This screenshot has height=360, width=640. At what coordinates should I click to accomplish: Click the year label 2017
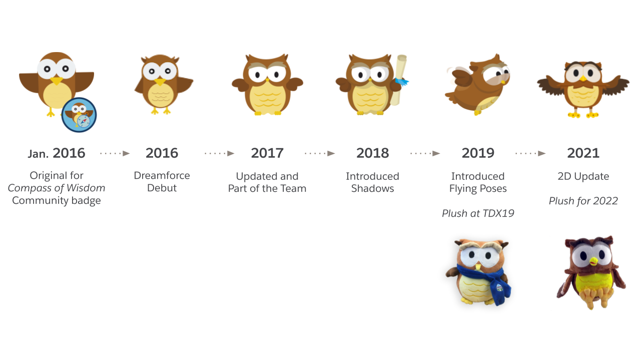267,153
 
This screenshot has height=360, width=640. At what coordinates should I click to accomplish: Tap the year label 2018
372,153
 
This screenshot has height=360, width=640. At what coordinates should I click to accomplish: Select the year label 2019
478,153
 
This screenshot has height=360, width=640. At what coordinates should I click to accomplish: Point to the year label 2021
583,153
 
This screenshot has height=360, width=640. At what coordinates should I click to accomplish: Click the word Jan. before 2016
38,154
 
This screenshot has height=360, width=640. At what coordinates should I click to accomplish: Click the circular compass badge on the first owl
79,115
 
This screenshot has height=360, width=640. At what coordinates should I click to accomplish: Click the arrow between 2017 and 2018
320,153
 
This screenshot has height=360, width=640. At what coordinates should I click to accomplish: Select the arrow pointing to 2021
530,153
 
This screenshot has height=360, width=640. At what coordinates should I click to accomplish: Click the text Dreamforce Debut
162,182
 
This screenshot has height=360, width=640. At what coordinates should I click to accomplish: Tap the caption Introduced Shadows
372,182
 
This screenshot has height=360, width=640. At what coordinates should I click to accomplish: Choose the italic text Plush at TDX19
478,213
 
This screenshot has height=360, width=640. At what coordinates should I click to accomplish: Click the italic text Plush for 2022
583,201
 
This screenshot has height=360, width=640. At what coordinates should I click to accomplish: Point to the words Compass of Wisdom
57,188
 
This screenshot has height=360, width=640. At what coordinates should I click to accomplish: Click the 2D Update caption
583,176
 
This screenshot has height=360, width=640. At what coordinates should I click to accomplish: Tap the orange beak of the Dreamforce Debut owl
160,82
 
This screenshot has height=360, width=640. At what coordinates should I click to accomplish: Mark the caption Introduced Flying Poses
478,182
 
